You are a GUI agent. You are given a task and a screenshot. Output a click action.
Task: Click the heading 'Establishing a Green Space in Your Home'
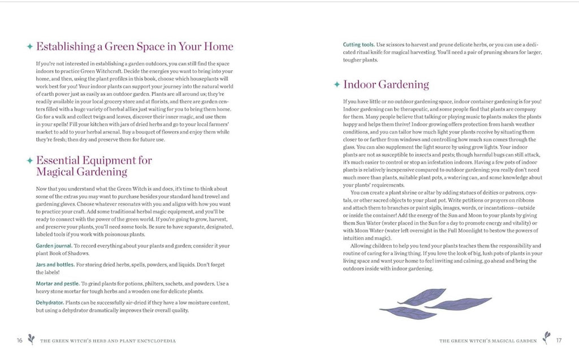135,46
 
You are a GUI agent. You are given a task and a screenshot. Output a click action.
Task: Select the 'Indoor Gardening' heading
386,85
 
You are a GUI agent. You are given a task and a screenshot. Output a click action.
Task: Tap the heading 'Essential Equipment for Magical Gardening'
93,166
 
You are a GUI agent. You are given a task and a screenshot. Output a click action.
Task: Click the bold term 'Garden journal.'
54,246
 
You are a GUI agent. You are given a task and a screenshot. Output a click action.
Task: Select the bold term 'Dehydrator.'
50,302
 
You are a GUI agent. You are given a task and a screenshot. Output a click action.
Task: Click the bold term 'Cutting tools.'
358,44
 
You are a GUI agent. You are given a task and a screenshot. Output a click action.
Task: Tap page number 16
19,340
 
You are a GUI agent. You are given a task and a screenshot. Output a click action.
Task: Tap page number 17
559,340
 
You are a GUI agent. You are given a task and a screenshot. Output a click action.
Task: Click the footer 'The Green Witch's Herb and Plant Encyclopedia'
108,341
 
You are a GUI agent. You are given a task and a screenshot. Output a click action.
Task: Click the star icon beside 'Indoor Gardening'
337,85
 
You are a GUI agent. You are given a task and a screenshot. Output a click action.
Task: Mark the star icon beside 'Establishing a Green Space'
29,47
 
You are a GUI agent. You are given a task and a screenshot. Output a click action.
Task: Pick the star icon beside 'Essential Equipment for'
29,161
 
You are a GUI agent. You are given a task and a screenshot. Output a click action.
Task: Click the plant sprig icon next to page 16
32,339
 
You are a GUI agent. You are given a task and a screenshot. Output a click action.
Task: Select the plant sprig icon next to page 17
546,338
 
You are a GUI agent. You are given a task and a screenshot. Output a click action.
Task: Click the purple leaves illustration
435,303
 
